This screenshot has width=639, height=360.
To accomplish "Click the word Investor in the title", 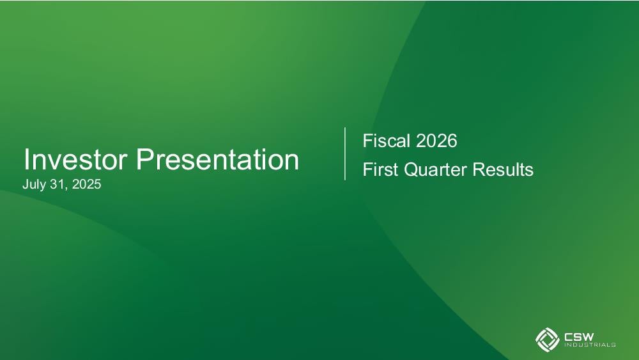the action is [x=75, y=159].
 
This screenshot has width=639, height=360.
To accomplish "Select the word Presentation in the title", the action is [x=218, y=159].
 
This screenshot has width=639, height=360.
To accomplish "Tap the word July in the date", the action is [x=34, y=185].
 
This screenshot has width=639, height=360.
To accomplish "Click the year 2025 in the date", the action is [x=86, y=184].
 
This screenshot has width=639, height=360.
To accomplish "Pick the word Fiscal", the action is [x=387, y=141].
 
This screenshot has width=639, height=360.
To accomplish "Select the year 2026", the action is [x=436, y=141].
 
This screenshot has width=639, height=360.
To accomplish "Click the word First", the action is [x=380, y=169].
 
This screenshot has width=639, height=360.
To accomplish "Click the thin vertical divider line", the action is [x=345, y=153].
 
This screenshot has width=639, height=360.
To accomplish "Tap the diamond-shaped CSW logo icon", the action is [x=547, y=339].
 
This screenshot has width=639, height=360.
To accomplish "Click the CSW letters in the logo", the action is [x=579, y=337].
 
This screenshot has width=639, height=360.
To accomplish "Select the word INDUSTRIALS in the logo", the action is [x=590, y=345].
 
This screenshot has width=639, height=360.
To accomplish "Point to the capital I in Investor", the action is [x=26, y=159].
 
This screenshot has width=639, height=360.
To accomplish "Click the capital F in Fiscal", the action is [x=367, y=141].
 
